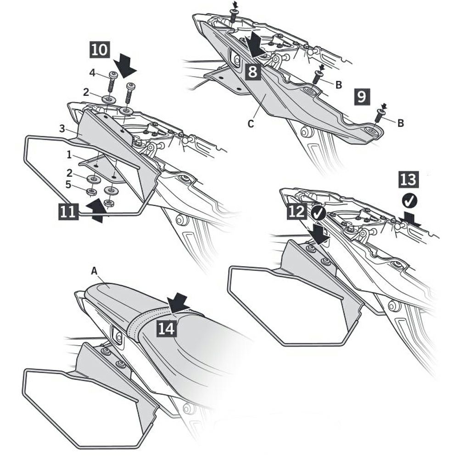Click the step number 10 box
coord(100,50)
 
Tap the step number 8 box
coord(252,71)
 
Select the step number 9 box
coord(362,96)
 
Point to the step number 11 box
coord(68,211)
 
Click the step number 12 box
coord(297,211)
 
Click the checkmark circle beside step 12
coord(319,213)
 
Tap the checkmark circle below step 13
coord(410,201)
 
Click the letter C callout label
coord(251,124)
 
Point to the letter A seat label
coord(94,271)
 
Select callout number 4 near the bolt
coord(92,73)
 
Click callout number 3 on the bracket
coord(62,128)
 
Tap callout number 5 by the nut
coord(68,185)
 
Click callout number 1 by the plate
coord(69,155)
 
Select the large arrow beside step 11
coord(96,209)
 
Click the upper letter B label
coord(338,85)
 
